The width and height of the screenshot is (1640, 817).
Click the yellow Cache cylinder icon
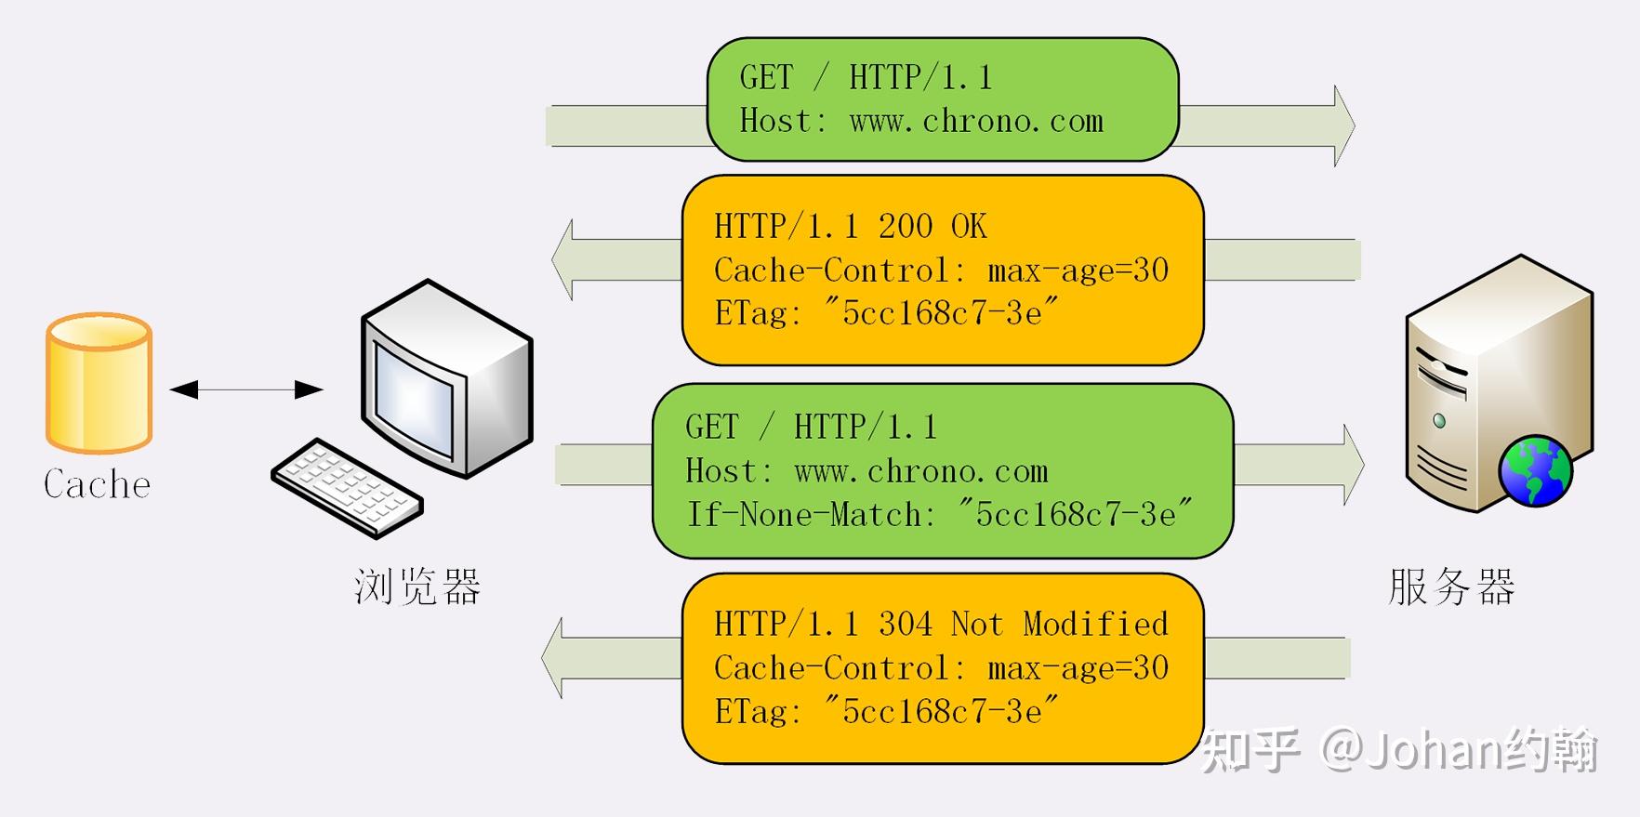[x=99, y=383]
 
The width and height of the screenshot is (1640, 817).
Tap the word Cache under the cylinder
[x=97, y=484]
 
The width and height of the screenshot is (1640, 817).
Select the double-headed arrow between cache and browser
[x=246, y=389]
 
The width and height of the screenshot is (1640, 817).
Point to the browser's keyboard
[x=348, y=487]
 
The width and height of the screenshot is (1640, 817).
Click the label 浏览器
[x=417, y=587]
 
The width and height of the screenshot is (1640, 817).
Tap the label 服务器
[x=1451, y=587]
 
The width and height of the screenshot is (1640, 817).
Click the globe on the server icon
[x=1535, y=471]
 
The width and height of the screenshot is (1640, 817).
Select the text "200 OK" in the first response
[x=932, y=227]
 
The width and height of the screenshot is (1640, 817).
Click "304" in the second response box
[x=905, y=624]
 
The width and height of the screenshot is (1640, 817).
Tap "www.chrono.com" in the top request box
[x=976, y=122]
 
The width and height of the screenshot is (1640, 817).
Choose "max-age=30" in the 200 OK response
[x=1078, y=270]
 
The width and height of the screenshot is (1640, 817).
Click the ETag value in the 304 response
[x=942, y=712]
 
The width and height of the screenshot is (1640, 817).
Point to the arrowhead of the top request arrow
[x=1343, y=125]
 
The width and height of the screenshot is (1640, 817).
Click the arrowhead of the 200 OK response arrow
[x=562, y=259]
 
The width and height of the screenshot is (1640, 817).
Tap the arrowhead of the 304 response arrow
[x=553, y=658]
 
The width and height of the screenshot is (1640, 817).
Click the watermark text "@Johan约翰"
[x=1459, y=751]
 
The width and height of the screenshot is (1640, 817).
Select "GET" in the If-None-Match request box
[x=711, y=428]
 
